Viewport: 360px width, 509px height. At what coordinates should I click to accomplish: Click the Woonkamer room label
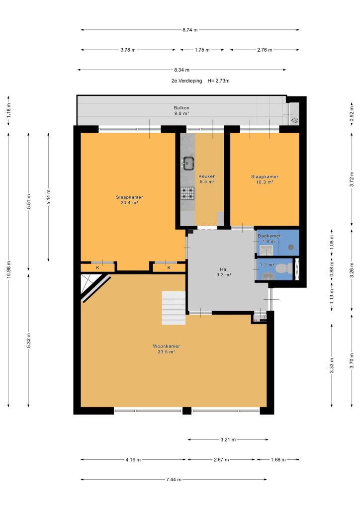167,346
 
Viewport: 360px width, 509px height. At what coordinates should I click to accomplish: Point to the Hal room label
224,269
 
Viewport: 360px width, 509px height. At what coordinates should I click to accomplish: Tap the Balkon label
181,108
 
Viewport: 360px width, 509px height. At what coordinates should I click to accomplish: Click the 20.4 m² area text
129,203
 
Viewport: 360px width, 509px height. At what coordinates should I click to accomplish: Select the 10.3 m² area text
265,182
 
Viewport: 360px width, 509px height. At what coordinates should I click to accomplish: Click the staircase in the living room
174,308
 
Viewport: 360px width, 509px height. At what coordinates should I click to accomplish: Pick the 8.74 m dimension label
190,30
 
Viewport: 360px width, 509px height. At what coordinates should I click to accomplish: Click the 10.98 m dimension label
9,269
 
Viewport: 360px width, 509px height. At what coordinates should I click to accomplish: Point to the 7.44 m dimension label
174,480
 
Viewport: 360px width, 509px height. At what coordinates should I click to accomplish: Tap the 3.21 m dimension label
228,439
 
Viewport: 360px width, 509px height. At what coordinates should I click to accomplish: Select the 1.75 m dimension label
202,50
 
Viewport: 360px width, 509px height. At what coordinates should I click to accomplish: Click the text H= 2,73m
218,81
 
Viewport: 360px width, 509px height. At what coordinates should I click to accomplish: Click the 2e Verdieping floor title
186,81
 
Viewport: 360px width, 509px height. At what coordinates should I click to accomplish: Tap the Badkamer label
270,236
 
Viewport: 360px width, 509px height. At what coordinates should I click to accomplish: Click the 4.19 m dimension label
133,460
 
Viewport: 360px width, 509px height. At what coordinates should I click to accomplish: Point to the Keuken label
207,176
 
